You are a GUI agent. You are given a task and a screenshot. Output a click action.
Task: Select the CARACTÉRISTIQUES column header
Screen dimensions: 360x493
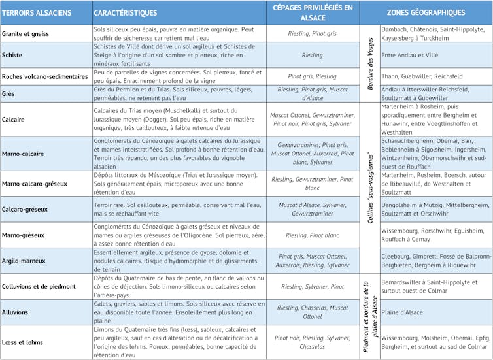125,12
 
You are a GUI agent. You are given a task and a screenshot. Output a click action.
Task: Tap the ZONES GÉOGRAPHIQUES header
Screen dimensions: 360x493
426,12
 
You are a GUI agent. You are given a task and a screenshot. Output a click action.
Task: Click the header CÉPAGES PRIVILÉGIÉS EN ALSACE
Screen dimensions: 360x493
312,12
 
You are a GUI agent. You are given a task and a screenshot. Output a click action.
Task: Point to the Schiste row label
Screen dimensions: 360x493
12,55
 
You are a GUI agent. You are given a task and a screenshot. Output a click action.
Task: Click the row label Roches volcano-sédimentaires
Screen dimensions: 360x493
44,76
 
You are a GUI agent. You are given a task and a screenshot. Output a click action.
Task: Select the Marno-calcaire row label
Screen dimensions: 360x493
23,154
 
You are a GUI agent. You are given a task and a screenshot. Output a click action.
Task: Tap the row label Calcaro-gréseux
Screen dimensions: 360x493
25,209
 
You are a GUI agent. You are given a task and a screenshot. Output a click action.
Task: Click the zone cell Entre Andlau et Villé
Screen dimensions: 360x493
409,56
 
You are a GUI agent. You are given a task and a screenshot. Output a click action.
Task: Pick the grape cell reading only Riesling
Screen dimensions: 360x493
312,56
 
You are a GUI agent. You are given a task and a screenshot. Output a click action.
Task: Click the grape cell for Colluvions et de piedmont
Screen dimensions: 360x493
312,286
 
